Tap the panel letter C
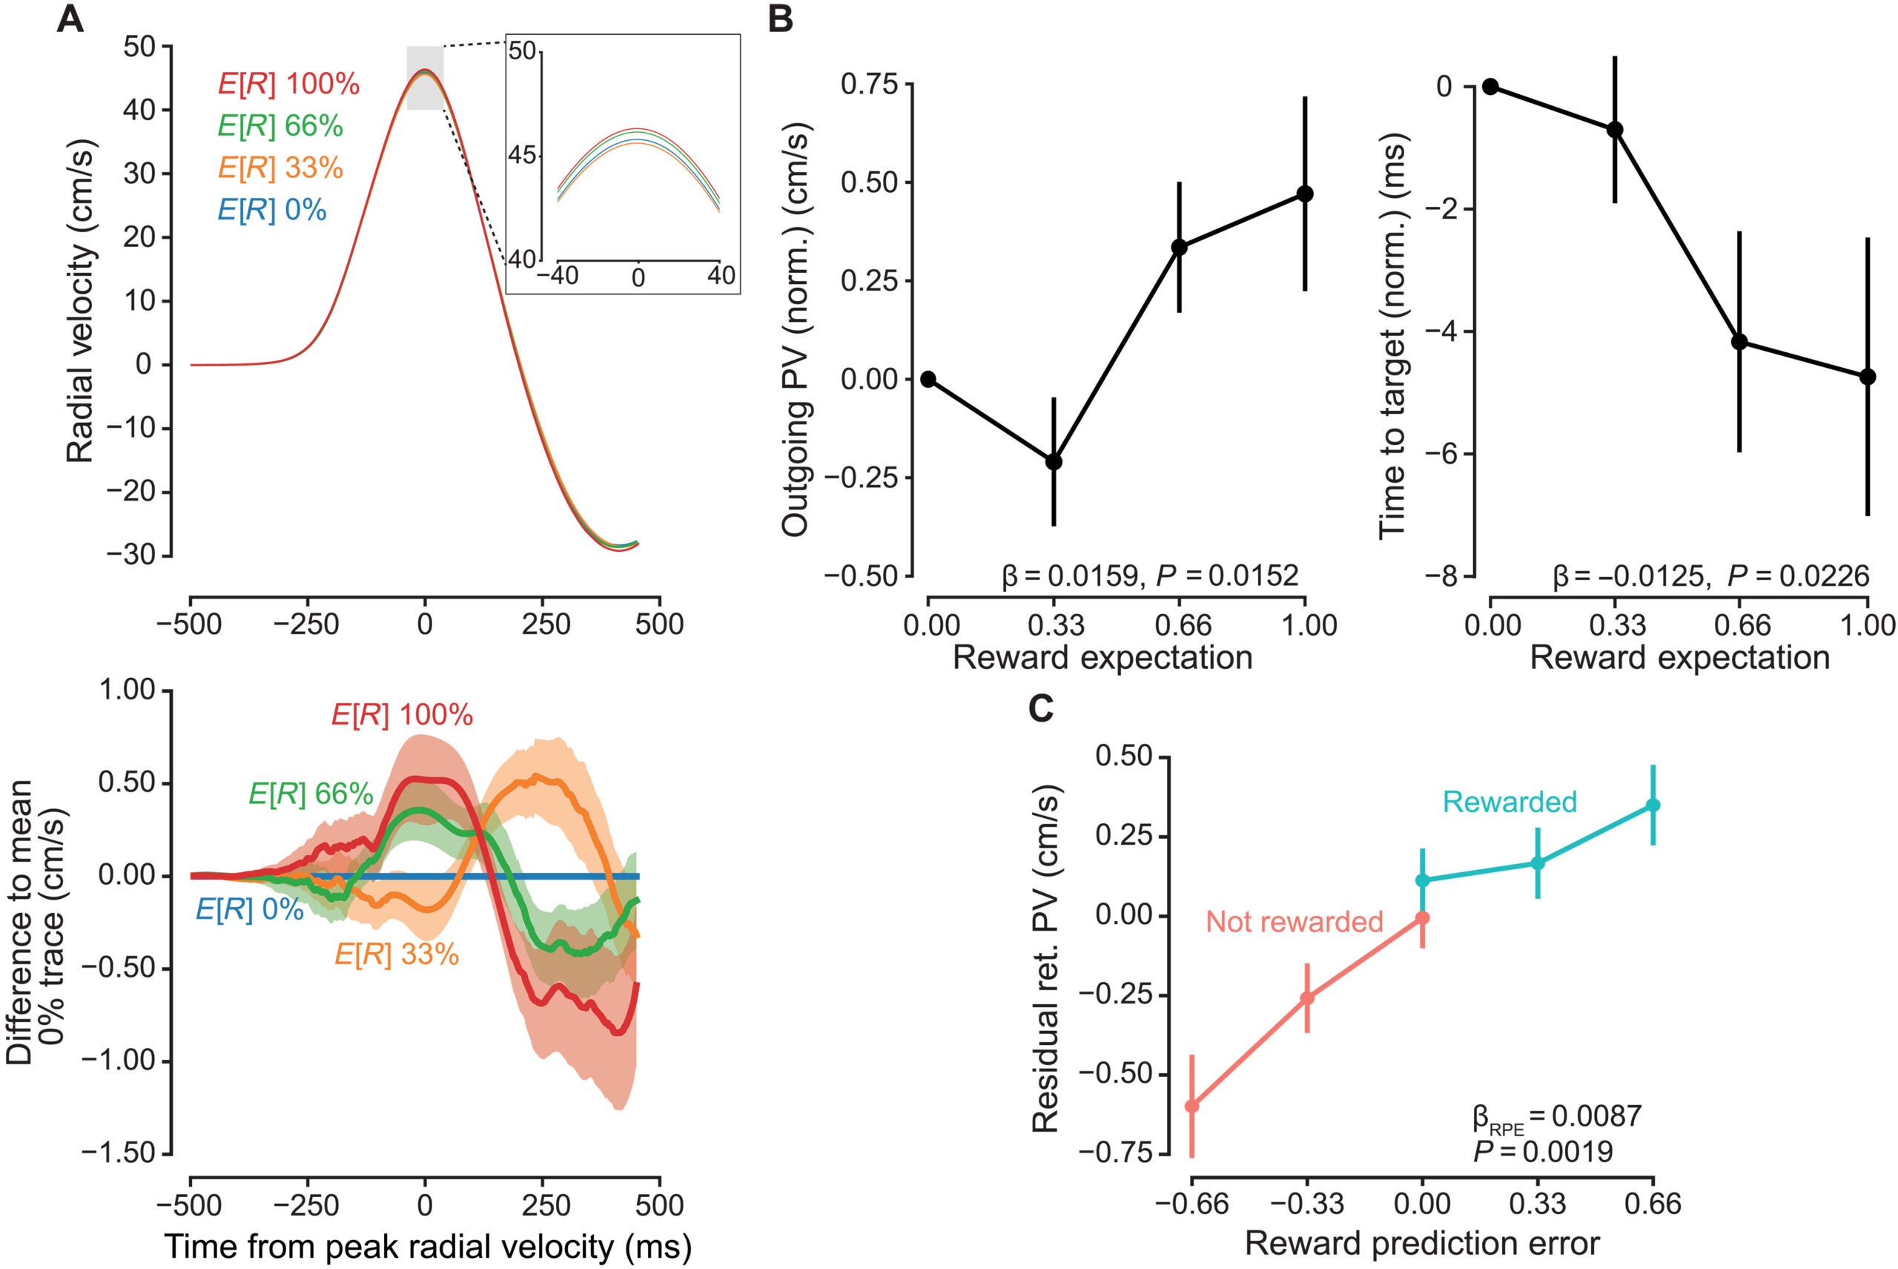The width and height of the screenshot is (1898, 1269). click(1040, 708)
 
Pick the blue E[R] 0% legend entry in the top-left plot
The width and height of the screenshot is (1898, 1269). click(272, 211)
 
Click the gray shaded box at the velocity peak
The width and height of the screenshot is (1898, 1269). click(425, 78)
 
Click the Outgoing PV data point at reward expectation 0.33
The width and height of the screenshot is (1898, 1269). click(1054, 461)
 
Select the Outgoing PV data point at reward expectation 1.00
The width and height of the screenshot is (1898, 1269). click(1305, 194)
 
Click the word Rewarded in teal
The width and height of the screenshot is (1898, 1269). click(1510, 802)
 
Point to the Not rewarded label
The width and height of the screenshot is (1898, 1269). click(1294, 922)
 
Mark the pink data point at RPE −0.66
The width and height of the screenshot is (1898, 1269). click(1191, 1106)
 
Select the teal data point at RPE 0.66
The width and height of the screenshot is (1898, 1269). click(1653, 805)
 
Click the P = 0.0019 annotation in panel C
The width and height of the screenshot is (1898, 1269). click(1543, 1151)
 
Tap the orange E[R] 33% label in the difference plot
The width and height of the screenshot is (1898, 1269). click(397, 955)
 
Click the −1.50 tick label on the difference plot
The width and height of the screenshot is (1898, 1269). click(127, 1153)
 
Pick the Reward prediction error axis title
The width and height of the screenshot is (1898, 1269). click(1422, 1244)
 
